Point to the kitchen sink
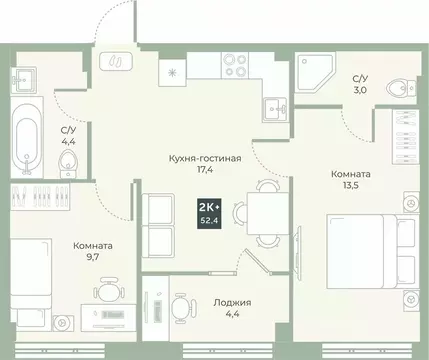[x=274, y=108]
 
